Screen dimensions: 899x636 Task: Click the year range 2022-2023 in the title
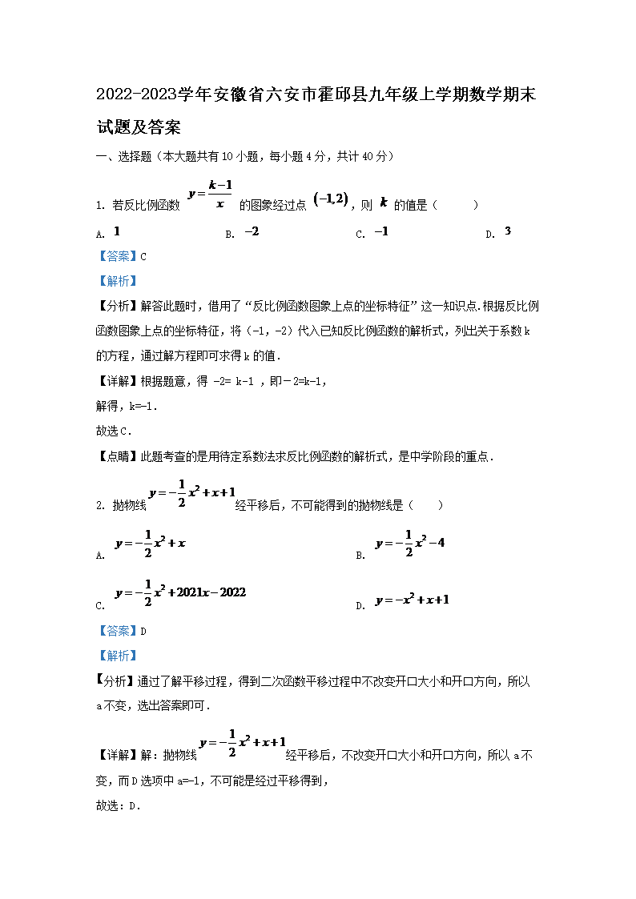(135, 95)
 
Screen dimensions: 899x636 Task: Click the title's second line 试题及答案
(138, 126)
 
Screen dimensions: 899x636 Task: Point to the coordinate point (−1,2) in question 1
(331, 201)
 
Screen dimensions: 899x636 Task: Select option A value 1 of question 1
(117, 232)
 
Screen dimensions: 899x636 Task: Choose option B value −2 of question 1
(252, 232)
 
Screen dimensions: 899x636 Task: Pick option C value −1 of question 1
(381, 232)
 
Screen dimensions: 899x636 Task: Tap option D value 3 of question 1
(508, 232)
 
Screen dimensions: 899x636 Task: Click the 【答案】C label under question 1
(121, 257)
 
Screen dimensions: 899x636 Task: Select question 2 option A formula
(151, 543)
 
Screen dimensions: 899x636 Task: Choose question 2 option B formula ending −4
(409, 543)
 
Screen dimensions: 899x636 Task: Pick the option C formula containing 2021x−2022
(180, 592)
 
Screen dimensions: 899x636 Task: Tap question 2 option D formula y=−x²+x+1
(412, 600)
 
